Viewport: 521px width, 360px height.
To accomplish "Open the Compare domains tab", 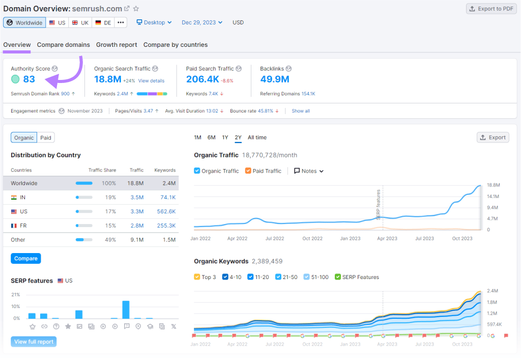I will [64, 45].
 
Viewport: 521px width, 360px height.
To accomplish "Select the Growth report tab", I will [117, 45].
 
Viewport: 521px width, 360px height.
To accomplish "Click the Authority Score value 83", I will [29, 79].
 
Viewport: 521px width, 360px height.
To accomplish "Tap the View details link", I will [151, 81].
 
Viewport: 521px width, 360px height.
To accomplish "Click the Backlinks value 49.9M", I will [274, 79].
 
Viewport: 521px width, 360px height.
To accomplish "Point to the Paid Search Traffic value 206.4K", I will [202, 79].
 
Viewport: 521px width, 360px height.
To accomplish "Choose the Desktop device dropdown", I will [154, 22].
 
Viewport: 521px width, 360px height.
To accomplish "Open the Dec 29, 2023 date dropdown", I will [202, 22].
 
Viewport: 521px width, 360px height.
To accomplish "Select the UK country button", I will [80, 22].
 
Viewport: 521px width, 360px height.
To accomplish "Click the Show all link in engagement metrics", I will [300, 111].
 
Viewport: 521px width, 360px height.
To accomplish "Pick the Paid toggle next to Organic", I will [46, 137].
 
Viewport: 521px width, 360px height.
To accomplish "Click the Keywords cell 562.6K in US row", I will [166, 211].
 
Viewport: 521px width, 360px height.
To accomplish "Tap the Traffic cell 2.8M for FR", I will [136, 226].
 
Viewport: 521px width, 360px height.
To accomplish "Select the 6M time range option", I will [211, 137].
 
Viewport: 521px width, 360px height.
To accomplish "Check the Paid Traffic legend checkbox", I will [248, 171].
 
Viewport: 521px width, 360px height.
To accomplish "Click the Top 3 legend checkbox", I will [197, 277].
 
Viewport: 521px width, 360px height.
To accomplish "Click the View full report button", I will [34, 342].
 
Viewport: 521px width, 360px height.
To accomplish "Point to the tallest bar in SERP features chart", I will [126, 310].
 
